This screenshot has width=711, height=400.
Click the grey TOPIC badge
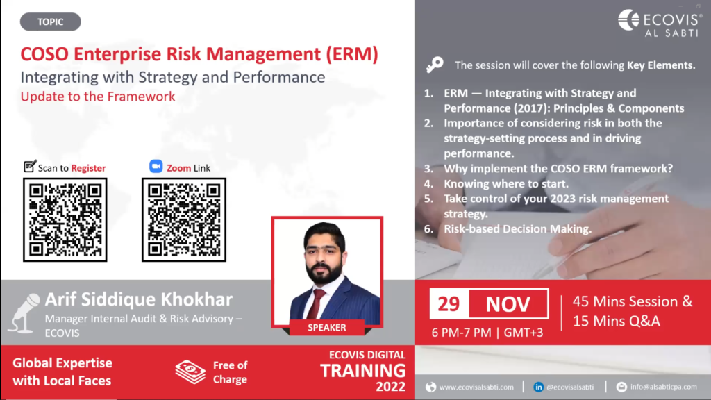pyautogui.click(x=50, y=22)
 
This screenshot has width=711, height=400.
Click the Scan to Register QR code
pyautogui.click(x=65, y=220)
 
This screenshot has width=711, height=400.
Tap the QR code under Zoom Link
pyautogui.click(x=183, y=220)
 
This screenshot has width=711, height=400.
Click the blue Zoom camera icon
pyautogui.click(x=156, y=167)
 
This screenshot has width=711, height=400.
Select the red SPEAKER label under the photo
pyautogui.click(x=326, y=328)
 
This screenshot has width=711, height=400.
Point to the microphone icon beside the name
pyautogui.click(x=24, y=313)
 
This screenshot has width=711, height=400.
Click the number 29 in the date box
pyautogui.click(x=449, y=304)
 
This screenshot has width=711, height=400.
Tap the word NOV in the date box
pyautogui.click(x=508, y=304)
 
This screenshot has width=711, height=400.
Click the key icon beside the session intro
pyautogui.click(x=435, y=65)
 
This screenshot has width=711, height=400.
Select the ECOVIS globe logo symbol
pyautogui.click(x=628, y=20)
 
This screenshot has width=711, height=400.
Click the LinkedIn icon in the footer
pyautogui.click(x=538, y=387)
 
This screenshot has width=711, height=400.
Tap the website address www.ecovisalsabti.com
pyautogui.click(x=476, y=387)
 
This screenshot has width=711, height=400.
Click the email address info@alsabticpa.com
pyautogui.click(x=663, y=387)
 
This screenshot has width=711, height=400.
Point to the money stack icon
pyautogui.click(x=190, y=372)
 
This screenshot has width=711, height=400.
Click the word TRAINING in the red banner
pyautogui.click(x=362, y=371)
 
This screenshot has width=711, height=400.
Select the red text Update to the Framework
pyautogui.click(x=98, y=97)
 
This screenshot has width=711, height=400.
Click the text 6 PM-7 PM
pyautogui.click(x=461, y=333)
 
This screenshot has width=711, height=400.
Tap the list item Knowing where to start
pyautogui.click(x=506, y=183)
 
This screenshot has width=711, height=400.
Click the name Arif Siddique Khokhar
pyautogui.click(x=139, y=300)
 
